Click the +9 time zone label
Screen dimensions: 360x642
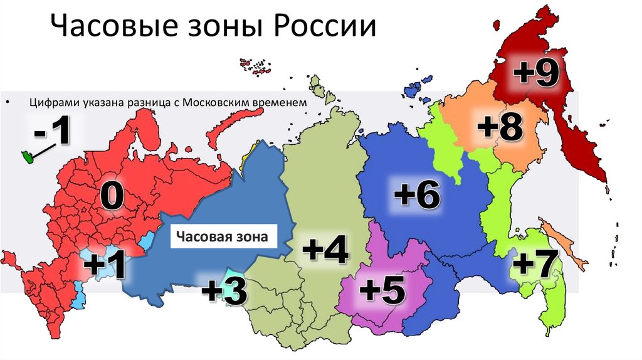coord(536,73)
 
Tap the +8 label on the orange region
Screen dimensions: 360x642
coord(499,127)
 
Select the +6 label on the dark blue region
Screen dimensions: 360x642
coord(417,195)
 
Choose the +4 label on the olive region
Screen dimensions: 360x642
coord(325,250)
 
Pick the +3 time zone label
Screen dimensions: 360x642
coord(224,292)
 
